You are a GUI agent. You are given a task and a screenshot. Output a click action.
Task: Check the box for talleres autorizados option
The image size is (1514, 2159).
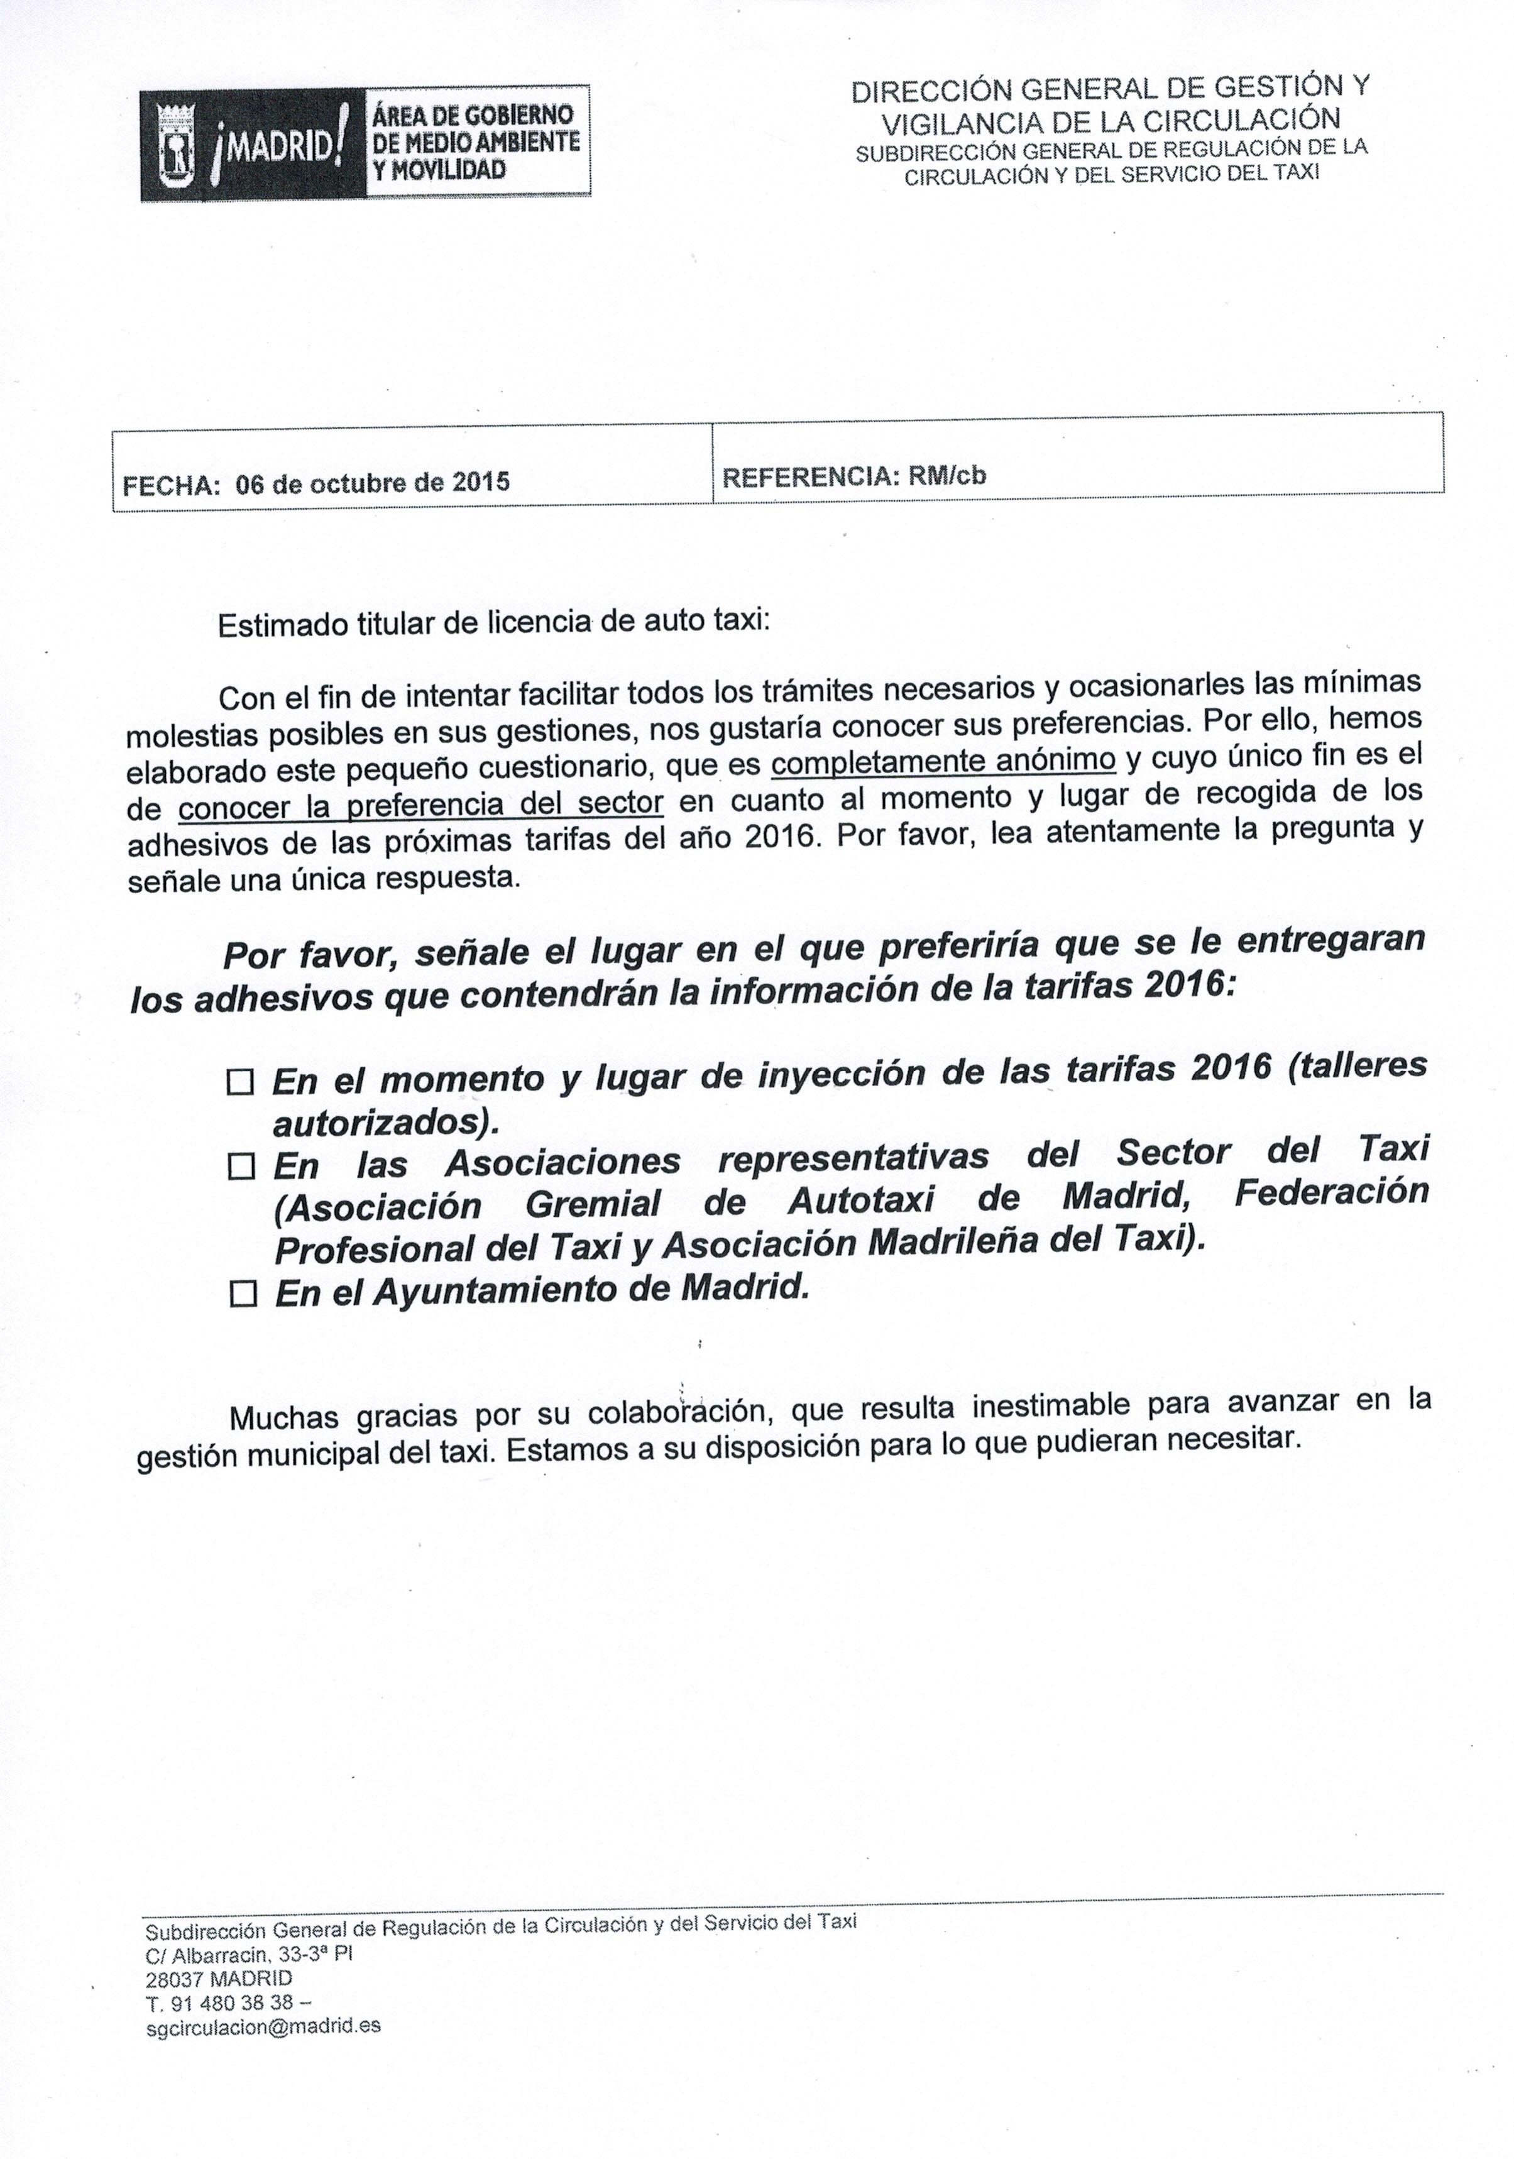[x=241, y=1083]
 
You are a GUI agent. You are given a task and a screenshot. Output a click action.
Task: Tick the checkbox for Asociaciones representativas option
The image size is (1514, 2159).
[x=241, y=1168]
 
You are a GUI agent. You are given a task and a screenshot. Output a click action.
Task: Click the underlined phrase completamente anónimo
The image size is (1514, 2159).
[x=942, y=761]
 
